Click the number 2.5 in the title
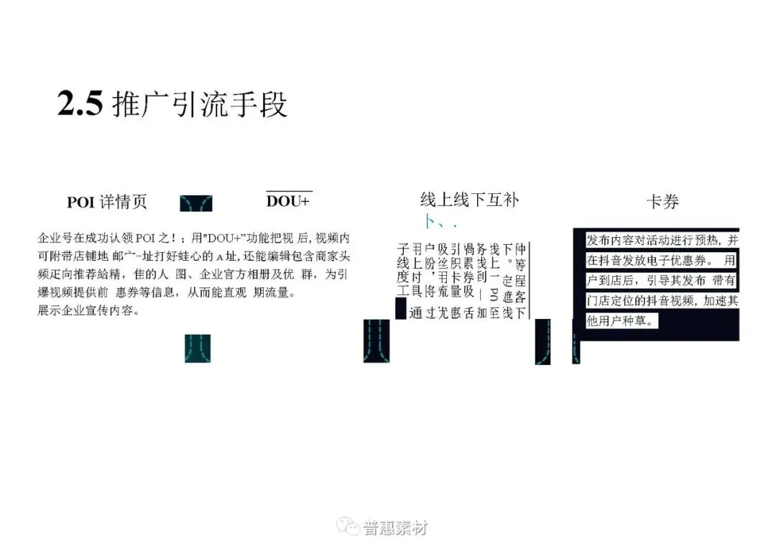point(80,105)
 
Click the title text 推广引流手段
point(200,105)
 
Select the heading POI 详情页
point(107,202)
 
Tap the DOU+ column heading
point(288,201)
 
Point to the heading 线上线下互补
point(469,200)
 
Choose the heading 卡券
point(662,202)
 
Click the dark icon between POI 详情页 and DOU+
point(195,203)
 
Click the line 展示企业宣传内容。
point(88,312)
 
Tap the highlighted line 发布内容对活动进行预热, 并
point(662,240)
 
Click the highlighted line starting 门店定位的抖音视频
point(662,302)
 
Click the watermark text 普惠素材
point(396,528)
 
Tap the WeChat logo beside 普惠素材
point(351,528)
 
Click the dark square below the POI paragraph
point(198,348)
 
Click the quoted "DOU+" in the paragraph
point(227,238)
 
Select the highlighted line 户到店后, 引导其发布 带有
point(662,281)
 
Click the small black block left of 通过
point(401,310)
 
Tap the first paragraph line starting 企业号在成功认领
point(194,238)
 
